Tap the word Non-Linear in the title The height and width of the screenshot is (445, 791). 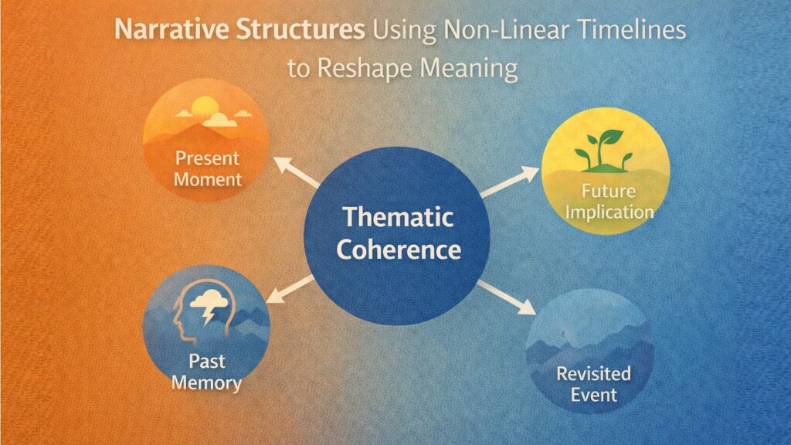[x=495, y=34]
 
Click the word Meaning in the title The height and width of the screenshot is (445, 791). [x=470, y=69]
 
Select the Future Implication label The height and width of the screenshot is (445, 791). [x=603, y=201]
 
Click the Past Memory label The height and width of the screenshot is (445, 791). [x=206, y=372]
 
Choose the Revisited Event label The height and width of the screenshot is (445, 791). [x=593, y=384]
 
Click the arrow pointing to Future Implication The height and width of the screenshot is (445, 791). [x=511, y=178]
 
